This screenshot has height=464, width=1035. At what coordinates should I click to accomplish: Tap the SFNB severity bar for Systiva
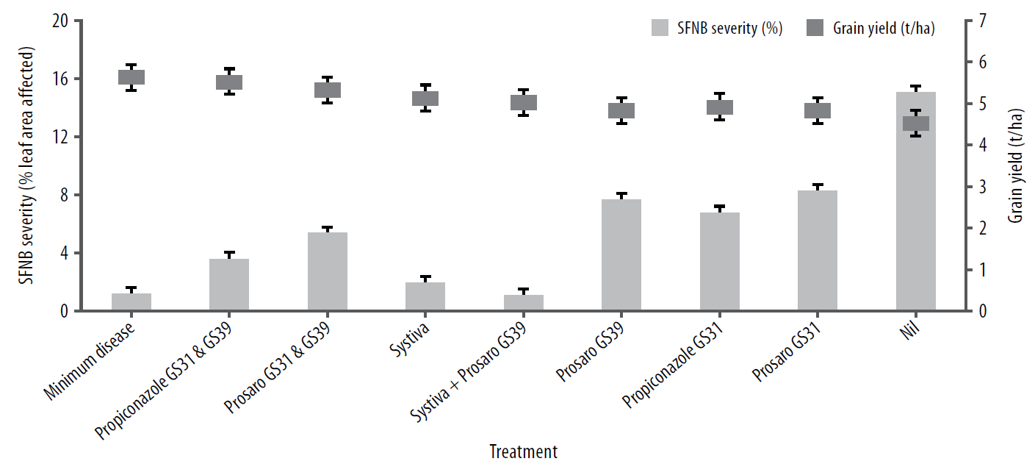425,296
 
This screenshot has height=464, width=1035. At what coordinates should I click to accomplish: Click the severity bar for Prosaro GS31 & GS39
327,271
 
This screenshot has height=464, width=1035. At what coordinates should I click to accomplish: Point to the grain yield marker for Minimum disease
131,77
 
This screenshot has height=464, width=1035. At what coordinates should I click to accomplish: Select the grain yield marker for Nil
915,123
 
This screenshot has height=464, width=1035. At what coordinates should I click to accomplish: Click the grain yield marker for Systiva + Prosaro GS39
523,102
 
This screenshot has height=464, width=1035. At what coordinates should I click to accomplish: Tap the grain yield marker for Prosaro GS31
818,110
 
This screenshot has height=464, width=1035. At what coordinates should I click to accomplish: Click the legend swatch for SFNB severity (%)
667,29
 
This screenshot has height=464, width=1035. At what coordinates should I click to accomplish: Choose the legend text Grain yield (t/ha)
884,29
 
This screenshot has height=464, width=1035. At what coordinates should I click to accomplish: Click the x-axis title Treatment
523,450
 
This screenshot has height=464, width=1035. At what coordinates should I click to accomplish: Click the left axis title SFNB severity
27,165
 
